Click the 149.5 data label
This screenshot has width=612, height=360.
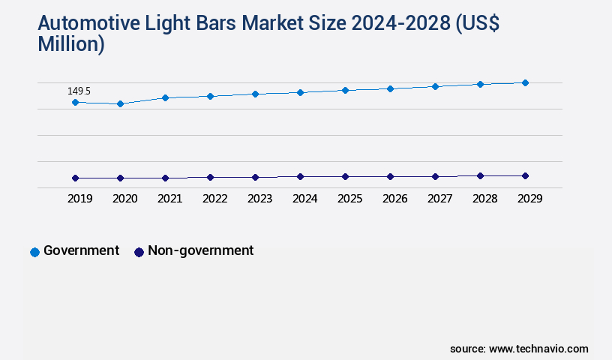(x=79, y=91)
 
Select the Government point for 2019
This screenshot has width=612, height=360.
(x=75, y=102)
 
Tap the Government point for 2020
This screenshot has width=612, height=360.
(x=120, y=103)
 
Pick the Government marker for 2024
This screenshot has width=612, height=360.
(x=300, y=92)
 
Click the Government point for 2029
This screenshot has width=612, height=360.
(x=525, y=82)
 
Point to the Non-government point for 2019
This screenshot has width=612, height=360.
(x=75, y=178)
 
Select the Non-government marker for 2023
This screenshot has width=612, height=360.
(x=255, y=177)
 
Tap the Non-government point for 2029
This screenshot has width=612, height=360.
(x=525, y=175)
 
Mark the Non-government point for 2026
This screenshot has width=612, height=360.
(x=390, y=176)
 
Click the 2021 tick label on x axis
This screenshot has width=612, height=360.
(x=169, y=199)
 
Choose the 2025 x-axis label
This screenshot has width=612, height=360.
(x=349, y=199)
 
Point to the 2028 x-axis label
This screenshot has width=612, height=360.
(x=484, y=199)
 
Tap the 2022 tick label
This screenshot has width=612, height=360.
(x=214, y=199)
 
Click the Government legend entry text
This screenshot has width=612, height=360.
(x=81, y=250)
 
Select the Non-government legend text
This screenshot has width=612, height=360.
(x=200, y=250)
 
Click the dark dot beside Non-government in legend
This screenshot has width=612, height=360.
(x=139, y=252)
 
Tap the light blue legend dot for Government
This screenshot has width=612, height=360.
(x=34, y=252)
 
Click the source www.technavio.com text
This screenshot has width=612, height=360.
(x=519, y=349)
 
